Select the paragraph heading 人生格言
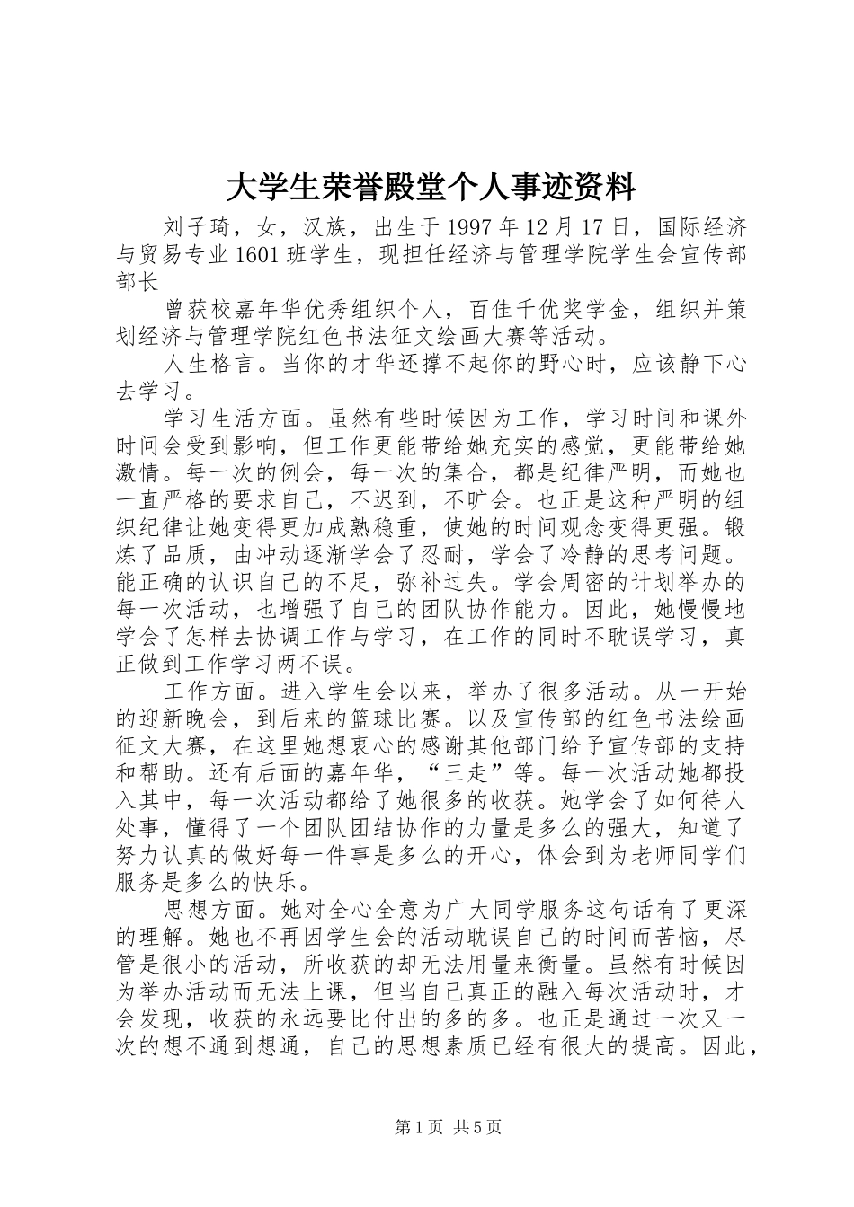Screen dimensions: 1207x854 coord(212,366)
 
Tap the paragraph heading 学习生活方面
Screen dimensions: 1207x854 coord(236,419)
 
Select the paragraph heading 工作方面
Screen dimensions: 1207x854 coord(212,692)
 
